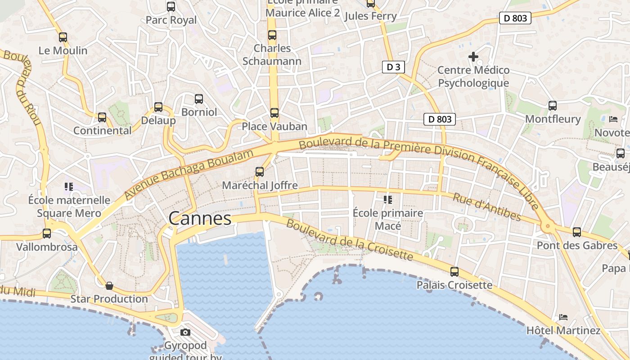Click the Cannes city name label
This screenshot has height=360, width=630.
coord(200,219)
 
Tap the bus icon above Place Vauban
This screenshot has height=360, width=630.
coord(274,113)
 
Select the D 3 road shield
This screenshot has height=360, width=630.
coord(393,67)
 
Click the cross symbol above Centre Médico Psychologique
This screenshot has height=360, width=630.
coord(473,57)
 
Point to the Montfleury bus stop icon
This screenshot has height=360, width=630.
coord(553,106)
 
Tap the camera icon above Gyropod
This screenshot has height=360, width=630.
coord(185,333)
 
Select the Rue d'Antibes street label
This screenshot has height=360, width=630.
coord(487,207)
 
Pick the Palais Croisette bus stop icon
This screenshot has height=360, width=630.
coord(454,272)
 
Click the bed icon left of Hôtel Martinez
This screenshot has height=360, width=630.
coord(563,317)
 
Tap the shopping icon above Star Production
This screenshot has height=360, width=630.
coord(109,286)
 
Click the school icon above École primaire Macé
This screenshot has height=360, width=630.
coord(387,199)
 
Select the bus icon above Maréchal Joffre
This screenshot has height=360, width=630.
coord(259,171)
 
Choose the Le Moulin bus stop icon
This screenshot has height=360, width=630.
coord(63,37)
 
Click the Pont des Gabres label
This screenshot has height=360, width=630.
coord(577,246)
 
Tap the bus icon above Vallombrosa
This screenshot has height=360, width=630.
coord(47,234)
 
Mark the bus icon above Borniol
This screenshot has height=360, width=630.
coord(198,99)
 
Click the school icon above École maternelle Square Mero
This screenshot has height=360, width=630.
coord(68,186)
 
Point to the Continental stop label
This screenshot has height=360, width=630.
coord(103,130)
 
